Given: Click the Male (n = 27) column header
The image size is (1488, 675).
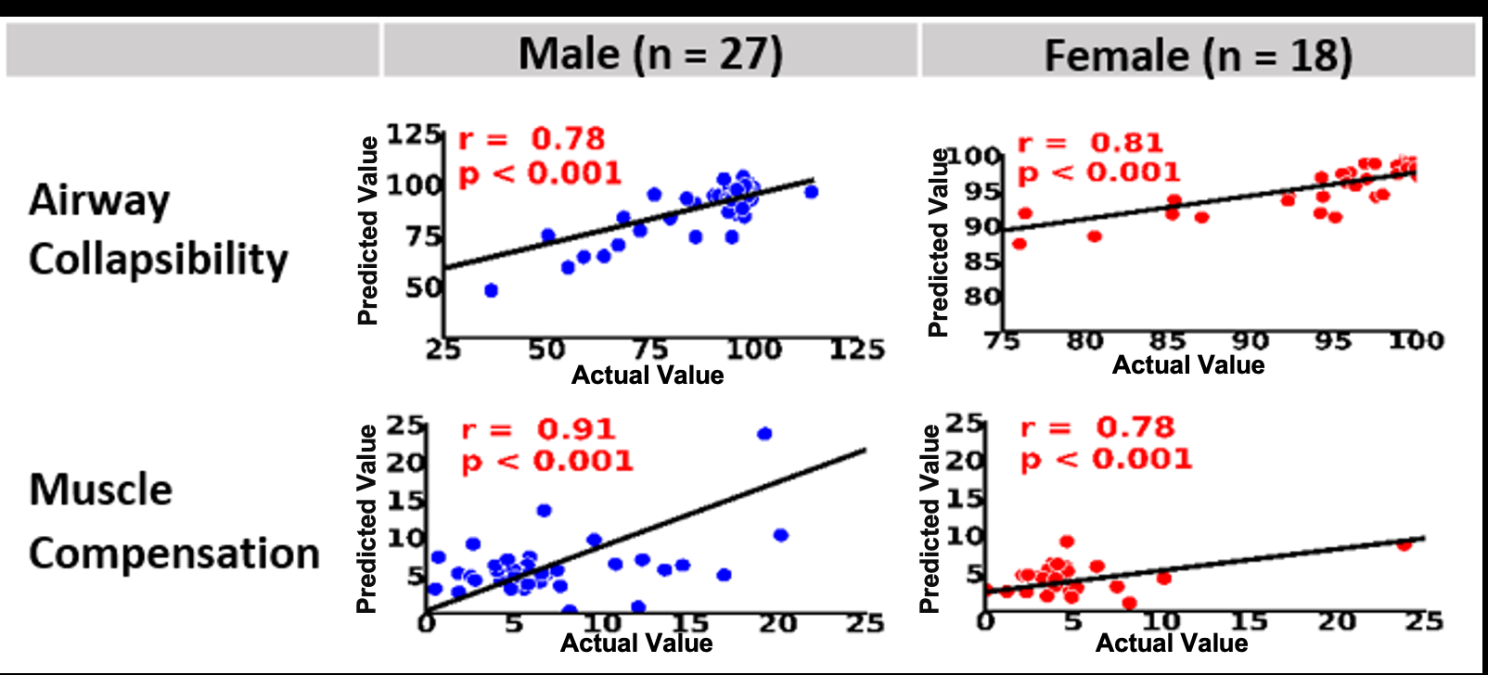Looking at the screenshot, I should (x=650, y=53).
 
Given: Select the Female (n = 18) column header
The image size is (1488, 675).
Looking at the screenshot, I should (x=1198, y=55).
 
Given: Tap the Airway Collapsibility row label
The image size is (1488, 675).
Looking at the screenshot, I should (x=158, y=229).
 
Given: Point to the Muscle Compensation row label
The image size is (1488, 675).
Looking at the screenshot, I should (x=173, y=521).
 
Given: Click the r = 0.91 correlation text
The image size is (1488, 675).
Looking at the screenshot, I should (x=538, y=429).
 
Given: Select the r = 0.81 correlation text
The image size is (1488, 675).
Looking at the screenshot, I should (x=1090, y=143).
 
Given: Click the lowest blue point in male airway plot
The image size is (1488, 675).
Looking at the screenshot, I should (x=491, y=290).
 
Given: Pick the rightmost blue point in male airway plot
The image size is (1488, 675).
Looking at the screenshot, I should (x=812, y=192).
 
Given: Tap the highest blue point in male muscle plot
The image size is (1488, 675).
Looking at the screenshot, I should (x=764, y=434).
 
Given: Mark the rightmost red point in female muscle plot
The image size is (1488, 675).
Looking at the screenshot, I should (x=1405, y=544).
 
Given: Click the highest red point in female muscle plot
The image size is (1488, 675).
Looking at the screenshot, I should (x=1067, y=541).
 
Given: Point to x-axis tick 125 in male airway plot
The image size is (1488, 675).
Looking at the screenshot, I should (x=856, y=350).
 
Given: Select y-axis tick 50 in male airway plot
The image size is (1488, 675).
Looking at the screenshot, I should (x=423, y=287).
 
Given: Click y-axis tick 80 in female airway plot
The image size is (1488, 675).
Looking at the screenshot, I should (x=982, y=297).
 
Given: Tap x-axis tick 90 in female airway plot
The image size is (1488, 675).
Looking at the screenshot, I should (x=1250, y=341).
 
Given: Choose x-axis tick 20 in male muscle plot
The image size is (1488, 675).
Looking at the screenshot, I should (x=777, y=624).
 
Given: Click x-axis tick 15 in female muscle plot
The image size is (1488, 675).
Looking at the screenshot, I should (x=1249, y=621).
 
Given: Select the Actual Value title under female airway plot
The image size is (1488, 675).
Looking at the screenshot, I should (x=1188, y=364).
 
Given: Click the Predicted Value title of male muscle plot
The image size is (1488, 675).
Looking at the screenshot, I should (x=367, y=519).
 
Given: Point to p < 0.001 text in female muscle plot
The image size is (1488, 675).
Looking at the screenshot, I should (x=1106, y=459).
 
